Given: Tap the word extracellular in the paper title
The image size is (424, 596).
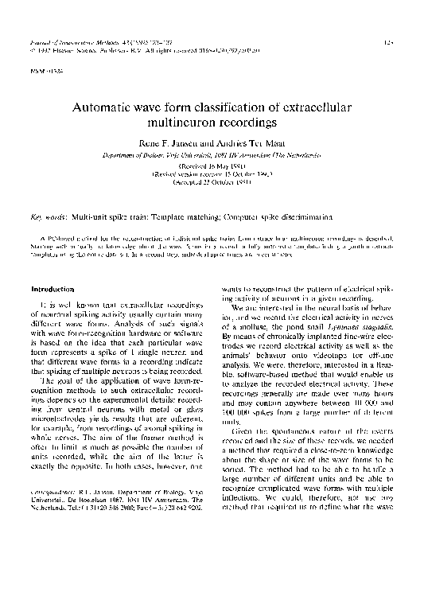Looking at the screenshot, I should (x=313, y=107).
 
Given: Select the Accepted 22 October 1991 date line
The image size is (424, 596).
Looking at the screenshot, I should (x=212, y=181).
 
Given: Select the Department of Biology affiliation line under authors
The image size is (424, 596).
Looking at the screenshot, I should (x=212, y=154).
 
